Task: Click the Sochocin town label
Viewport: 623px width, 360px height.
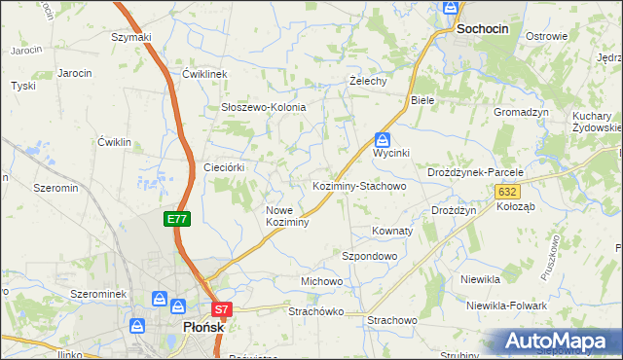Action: [483, 30]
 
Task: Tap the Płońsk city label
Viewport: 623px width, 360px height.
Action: [204, 328]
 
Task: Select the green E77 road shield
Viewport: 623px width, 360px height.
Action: [176, 220]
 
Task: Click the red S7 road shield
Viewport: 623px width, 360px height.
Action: [222, 311]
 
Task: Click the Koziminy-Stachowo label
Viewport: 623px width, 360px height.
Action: [358, 185]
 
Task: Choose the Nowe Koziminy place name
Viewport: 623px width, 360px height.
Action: [287, 216]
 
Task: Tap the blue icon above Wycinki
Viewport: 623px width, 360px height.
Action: [383, 139]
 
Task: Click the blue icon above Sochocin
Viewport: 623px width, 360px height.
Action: [451, 8]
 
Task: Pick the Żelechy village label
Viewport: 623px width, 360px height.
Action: [369, 82]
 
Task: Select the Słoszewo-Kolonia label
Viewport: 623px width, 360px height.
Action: [264, 107]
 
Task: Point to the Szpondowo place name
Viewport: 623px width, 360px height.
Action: [370, 256]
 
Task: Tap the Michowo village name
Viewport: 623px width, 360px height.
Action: [322, 281]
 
